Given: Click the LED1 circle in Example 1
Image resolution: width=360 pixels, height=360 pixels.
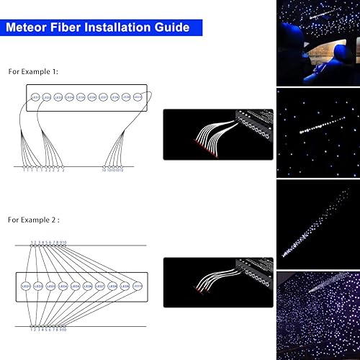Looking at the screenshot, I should pyautogui.click(x=35, y=96).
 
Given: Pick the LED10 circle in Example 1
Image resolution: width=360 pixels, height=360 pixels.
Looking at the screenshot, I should pyautogui.click(x=138, y=96).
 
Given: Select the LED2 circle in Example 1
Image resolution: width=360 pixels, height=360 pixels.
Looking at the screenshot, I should pyautogui.click(x=46, y=96).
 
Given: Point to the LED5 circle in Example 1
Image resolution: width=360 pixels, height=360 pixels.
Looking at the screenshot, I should pyautogui.click(x=81, y=96).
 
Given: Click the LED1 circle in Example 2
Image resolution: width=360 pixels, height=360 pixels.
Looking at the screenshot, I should pyautogui.click(x=25, y=286).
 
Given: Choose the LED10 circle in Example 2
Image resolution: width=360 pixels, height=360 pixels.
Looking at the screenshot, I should pyautogui.click(x=137, y=286).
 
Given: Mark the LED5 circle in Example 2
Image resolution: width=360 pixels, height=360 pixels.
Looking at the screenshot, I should pyautogui.click(x=75, y=286).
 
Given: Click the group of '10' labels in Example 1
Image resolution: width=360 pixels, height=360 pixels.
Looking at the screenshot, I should pyautogui.click(x=113, y=171).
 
